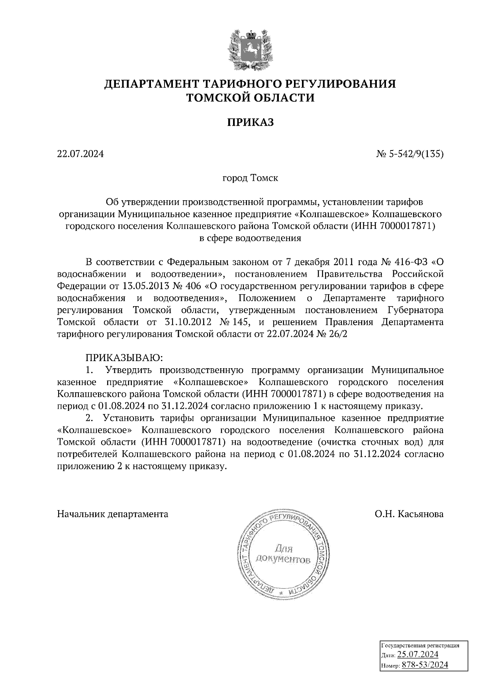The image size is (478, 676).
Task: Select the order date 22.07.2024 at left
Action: tap(80, 153)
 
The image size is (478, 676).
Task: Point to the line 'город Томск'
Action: tap(250, 178)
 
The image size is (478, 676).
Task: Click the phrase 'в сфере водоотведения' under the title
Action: tap(250, 238)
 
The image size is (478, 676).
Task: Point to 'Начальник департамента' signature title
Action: tap(113, 514)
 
